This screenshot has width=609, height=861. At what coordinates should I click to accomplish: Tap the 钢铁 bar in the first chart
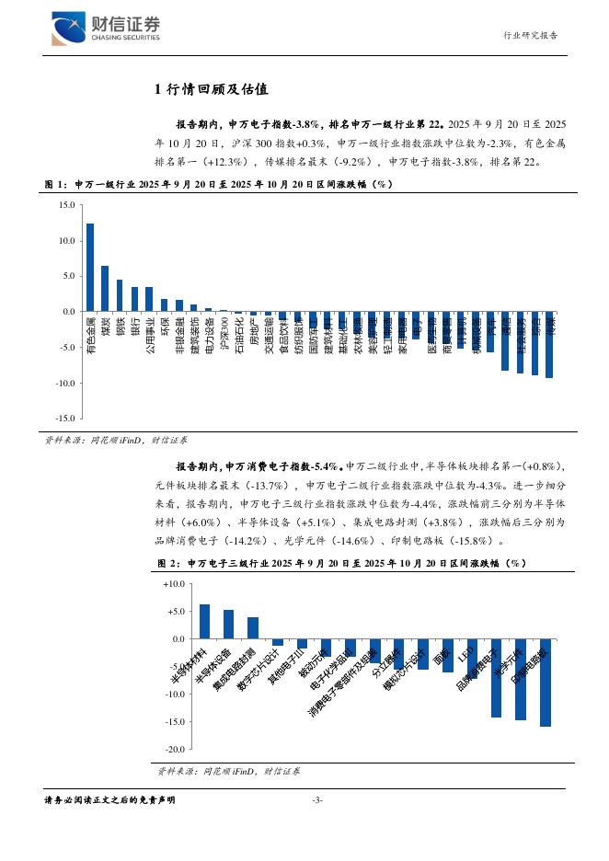(x=120, y=295)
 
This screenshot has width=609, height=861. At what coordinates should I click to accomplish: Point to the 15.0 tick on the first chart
(x=65, y=205)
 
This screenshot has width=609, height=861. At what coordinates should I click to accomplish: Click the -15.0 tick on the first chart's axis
(x=63, y=418)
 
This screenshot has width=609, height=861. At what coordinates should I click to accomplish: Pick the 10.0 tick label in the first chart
(x=65, y=241)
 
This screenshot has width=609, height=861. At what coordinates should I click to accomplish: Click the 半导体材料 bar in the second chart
(x=204, y=621)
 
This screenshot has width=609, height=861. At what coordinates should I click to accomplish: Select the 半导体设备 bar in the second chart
(x=228, y=624)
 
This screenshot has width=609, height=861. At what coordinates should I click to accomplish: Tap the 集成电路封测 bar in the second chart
(x=253, y=627)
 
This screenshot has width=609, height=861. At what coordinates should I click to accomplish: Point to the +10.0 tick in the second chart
(x=173, y=584)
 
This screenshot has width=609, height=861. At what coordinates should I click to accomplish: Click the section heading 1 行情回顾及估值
(x=211, y=89)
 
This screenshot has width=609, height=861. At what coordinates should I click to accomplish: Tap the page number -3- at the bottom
(x=317, y=800)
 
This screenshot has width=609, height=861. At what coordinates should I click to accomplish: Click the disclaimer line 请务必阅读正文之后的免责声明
(x=109, y=800)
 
